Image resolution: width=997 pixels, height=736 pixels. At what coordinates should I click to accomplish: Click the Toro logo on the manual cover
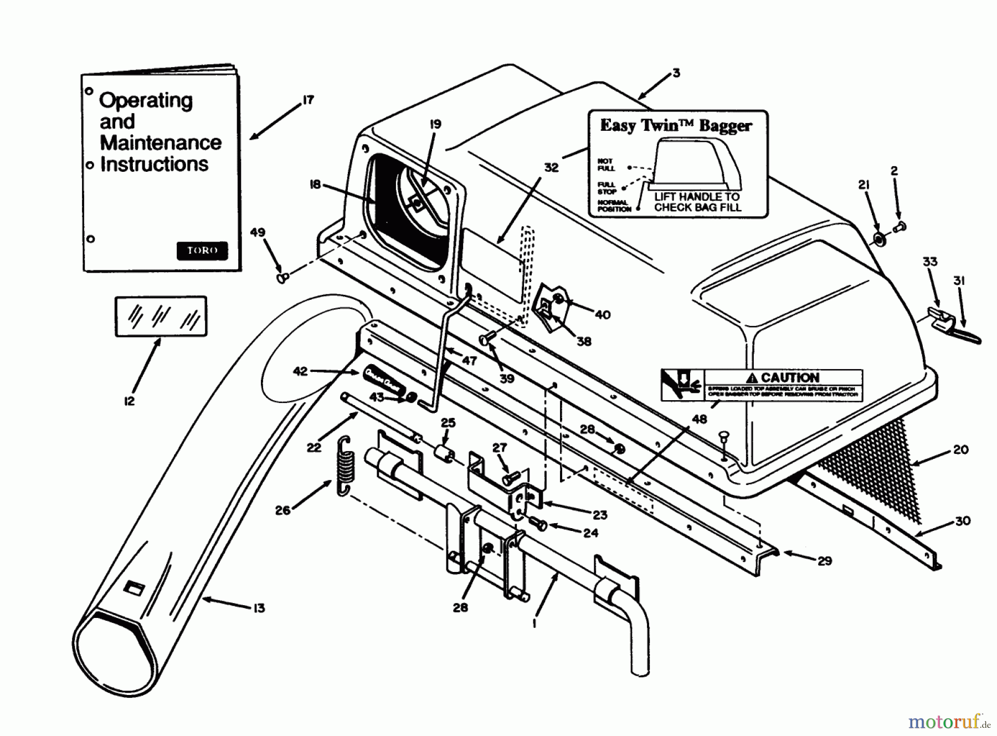click(202, 251)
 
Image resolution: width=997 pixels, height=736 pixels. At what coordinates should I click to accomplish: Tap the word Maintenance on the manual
click(161, 143)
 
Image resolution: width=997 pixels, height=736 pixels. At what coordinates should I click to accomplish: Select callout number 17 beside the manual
click(308, 100)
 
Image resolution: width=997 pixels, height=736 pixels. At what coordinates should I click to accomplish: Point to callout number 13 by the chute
click(259, 608)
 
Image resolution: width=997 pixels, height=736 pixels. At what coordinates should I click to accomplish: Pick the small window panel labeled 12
click(161, 316)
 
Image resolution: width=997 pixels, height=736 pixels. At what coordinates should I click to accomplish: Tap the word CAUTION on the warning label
click(790, 377)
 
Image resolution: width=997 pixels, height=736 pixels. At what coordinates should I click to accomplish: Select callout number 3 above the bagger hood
click(676, 73)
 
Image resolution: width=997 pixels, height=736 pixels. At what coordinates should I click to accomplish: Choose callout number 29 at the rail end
click(825, 561)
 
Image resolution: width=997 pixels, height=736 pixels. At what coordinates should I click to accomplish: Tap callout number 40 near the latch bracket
click(603, 315)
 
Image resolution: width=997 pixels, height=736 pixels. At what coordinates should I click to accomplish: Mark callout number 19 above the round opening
click(435, 124)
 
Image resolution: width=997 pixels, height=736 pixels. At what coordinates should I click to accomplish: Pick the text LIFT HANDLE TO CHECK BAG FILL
click(697, 202)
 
